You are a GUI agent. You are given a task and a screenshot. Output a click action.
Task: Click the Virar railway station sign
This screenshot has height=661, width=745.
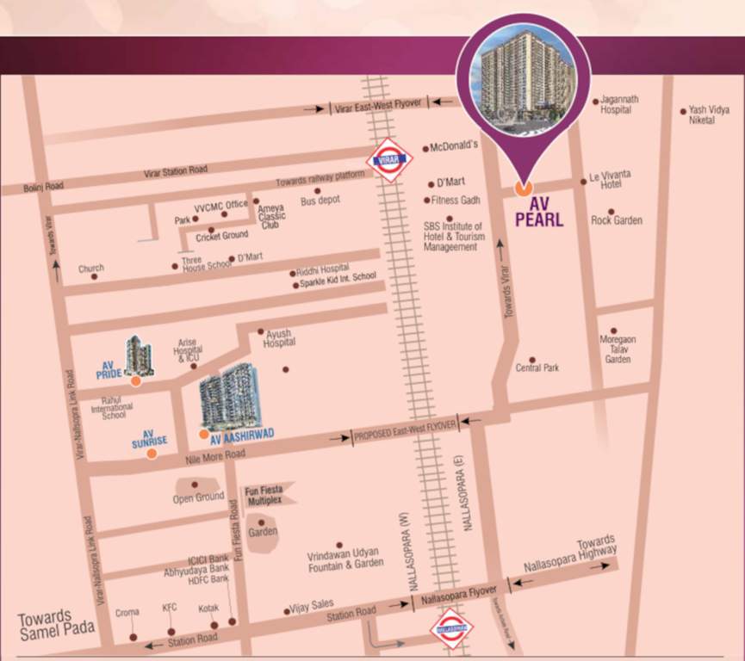point(390,159)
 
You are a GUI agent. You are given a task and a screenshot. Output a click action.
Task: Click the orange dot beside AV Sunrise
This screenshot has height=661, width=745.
point(152,454)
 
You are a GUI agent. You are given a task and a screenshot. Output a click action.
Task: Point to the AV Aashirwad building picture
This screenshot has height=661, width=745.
point(228,396)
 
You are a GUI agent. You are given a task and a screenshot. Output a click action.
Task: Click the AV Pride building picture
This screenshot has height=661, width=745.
point(139,355)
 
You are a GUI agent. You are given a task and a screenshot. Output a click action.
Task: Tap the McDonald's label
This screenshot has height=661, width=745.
point(454,146)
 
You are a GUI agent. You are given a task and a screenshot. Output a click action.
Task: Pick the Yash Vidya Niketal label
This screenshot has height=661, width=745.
point(708,115)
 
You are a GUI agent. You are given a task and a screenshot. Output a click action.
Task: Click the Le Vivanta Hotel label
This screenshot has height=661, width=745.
point(611,179)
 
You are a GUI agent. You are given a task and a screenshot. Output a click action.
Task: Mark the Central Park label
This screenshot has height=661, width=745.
point(537,368)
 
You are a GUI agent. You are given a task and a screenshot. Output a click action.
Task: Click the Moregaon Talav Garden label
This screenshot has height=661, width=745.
point(618,349)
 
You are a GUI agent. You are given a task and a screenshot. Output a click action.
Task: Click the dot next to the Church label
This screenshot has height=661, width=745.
point(94,276)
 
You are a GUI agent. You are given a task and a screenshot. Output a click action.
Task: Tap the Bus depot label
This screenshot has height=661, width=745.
point(320,200)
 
